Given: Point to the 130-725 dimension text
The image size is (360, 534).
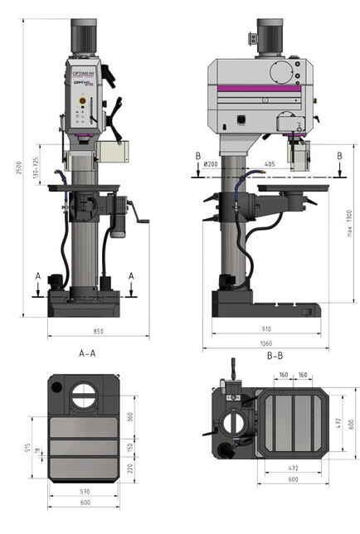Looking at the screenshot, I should point(35,170).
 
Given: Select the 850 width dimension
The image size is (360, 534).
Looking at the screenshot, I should point(99,332).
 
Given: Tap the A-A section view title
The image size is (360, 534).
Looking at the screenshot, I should point(87,353).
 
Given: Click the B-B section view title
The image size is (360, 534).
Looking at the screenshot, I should point(277,355).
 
